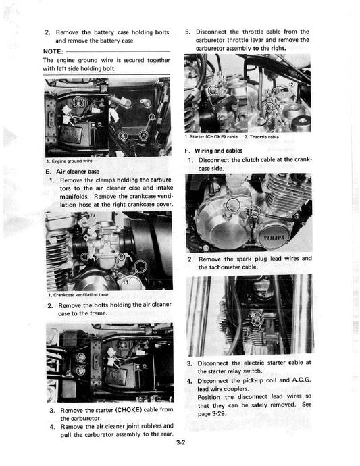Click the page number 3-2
(180, 443)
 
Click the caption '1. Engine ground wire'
(70, 161)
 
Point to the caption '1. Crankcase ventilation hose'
(78, 294)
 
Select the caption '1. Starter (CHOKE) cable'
(213, 137)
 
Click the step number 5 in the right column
(187, 31)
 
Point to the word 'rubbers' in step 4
(159, 426)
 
